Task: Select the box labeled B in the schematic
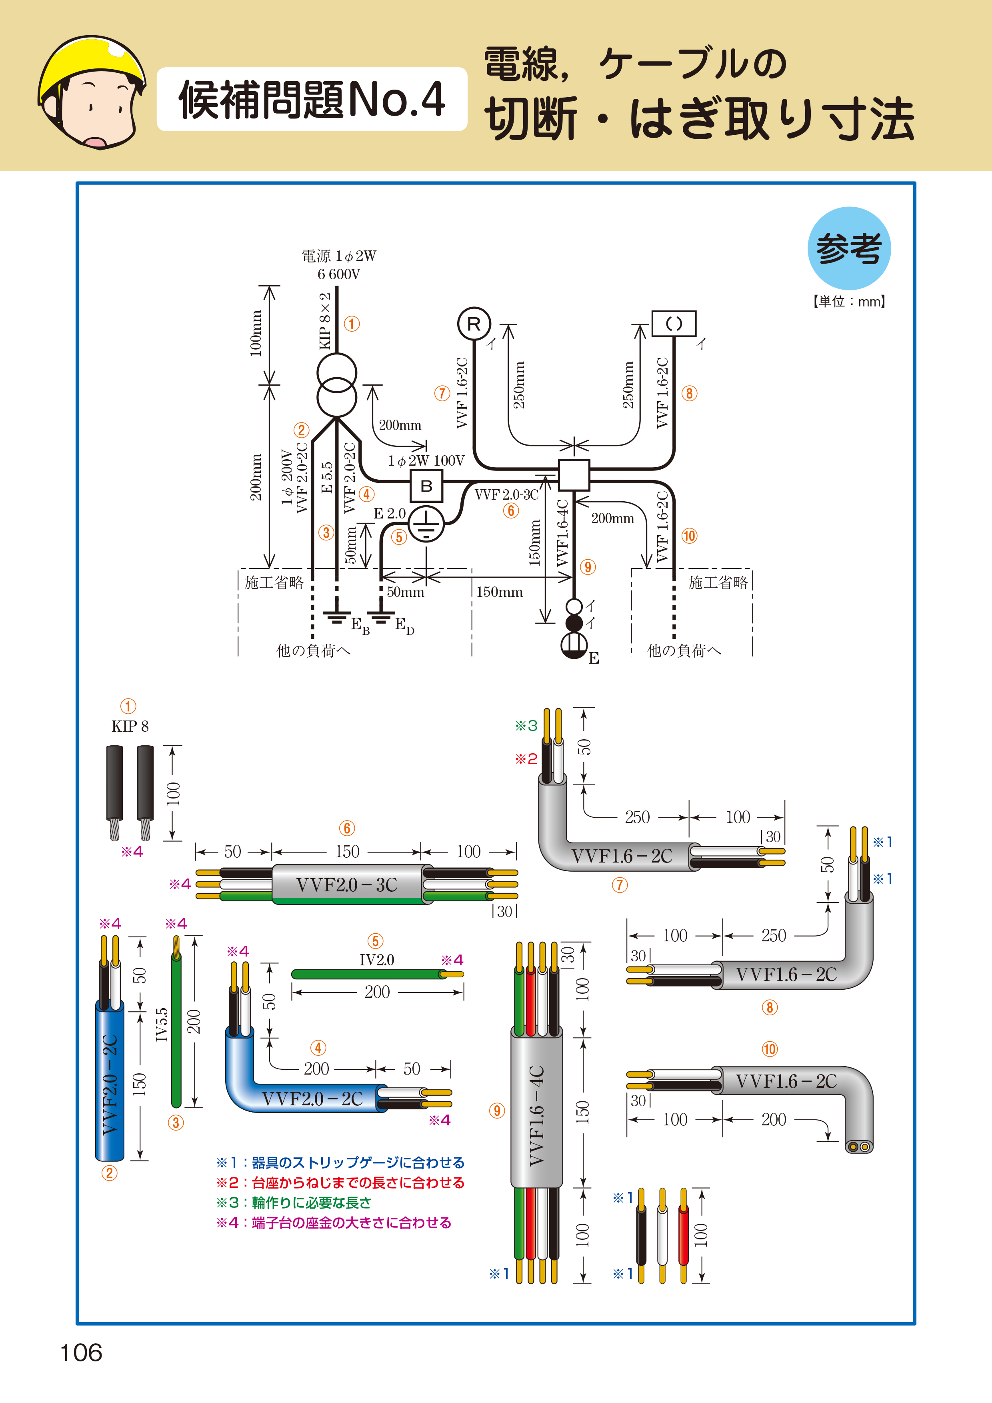tap(426, 486)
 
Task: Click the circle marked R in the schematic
tap(474, 324)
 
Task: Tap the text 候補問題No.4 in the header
tap(312, 100)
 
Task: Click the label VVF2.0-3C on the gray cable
tap(346, 884)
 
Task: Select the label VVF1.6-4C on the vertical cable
tap(536, 1116)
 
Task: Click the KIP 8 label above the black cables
tap(130, 726)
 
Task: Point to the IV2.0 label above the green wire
tap(376, 959)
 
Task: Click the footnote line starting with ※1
tap(340, 1162)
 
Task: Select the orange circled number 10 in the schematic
tap(689, 536)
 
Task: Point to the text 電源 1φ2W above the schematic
tap(339, 255)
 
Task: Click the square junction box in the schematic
tap(574, 475)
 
